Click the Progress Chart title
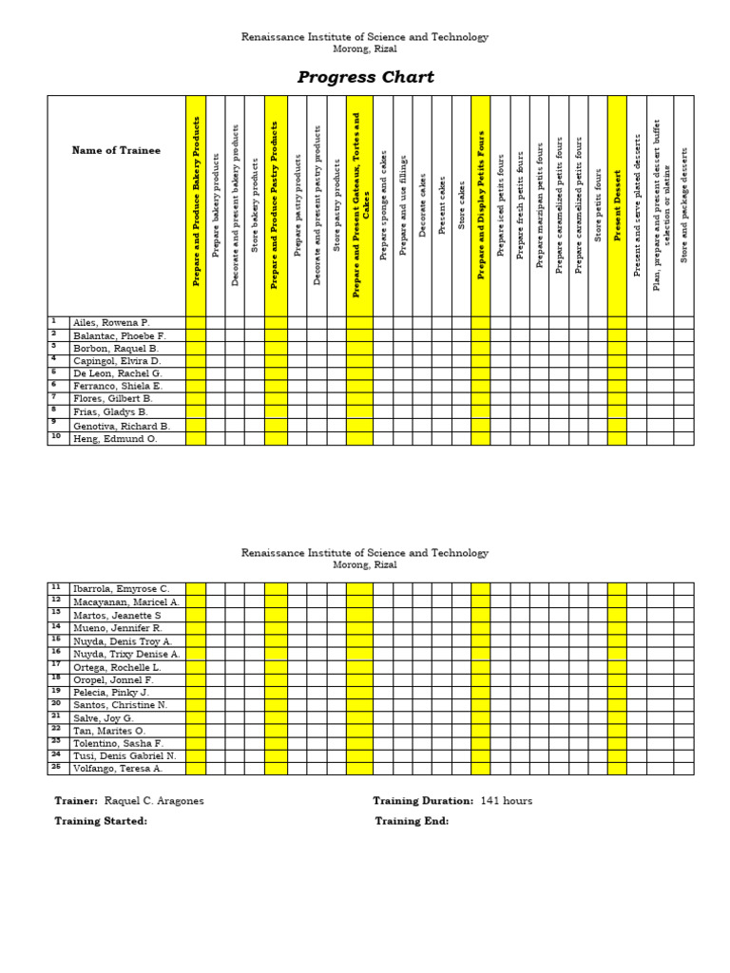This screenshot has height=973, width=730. pyautogui.click(x=366, y=77)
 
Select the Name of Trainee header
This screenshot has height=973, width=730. pyautogui.click(x=116, y=150)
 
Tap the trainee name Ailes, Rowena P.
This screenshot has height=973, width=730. pyautogui.click(x=111, y=323)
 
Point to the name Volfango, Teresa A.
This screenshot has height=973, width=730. pyautogui.click(x=118, y=769)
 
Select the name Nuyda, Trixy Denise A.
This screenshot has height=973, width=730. pyautogui.click(x=126, y=655)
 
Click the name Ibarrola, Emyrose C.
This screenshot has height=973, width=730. pyautogui.click(x=121, y=589)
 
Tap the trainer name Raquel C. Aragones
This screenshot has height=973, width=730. pyautogui.click(x=154, y=801)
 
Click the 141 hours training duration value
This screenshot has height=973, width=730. pyautogui.click(x=507, y=801)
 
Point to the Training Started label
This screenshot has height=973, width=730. pyautogui.click(x=101, y=821)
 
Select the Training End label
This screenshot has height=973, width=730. pyautogui.click(x=412, y=821)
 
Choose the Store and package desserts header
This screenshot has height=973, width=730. pyautogui.click(x=683, y=205)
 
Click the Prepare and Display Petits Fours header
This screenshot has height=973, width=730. pyautogui.click(x=481, y=205)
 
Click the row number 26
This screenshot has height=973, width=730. pyautogui.click(x=56, y=767)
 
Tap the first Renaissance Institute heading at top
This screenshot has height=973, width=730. pyautogui.click(x=365, y=37)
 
